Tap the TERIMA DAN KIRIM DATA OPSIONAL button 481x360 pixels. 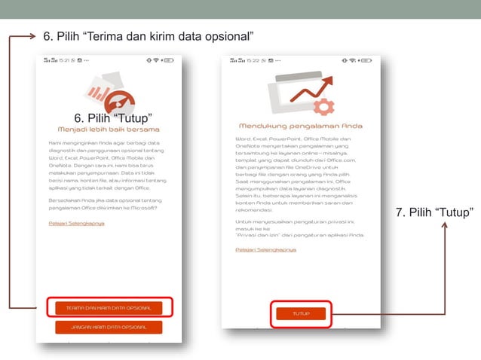click(x=109, y=307)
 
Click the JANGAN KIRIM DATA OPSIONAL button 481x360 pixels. click(x=109, y=327)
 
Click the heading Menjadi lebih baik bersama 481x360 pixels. click(x=109, y=130)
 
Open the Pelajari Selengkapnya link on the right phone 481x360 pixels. click(x=265, y=249)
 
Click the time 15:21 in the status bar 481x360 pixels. click(x=66, y=60)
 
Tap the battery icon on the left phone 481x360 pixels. click(x=168, y=60)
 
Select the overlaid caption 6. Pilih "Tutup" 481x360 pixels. click(x=114, y=117)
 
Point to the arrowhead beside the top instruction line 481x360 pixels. click(x=32, y=35)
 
